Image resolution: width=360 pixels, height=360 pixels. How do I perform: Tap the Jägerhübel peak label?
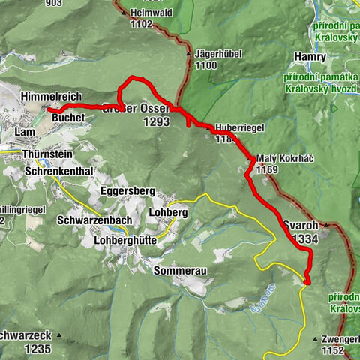pos(217,55)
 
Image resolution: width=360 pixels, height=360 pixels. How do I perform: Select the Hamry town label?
pos(310,57)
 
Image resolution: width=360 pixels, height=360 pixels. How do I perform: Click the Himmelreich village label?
pos(50,97)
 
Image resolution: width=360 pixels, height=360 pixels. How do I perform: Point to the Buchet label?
pos(68,118)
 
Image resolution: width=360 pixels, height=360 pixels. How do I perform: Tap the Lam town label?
pos(25,132)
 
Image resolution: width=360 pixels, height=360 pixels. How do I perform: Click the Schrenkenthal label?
pos(58,172)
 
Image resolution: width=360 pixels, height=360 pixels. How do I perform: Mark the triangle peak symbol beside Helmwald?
pos(124,13)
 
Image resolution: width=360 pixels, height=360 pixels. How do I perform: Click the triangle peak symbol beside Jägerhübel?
pos(188,55)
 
